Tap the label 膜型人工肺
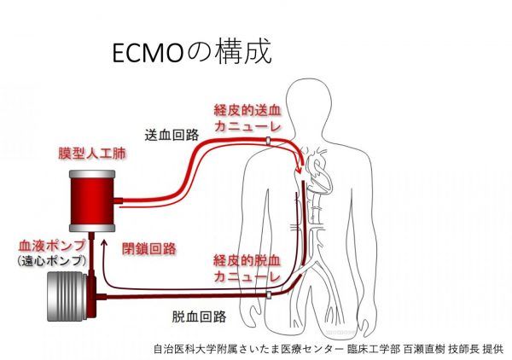pyautogui.click(x=84, y=157)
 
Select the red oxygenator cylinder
pyautogui.click(x=91, y=199)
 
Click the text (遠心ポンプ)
pyautogui.click(x=50, y=259)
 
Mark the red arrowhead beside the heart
pyautogui.click(x=300, y=175)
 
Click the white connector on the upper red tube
pyautogui.click(x=266, y=143)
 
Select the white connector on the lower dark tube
pyautogui.click(x=268, y=294)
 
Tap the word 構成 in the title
pyautogui.click(x=247, y=53)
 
